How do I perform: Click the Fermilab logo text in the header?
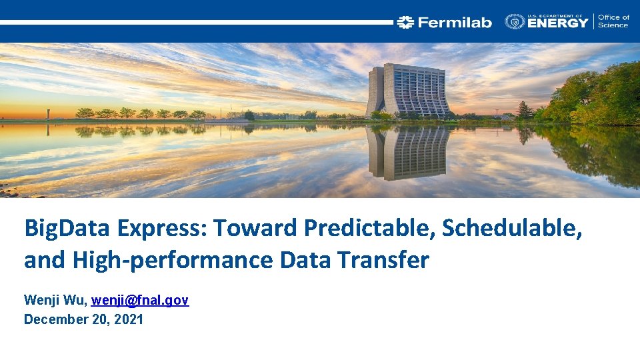tap(455, 23)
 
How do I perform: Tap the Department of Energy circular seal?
tap(515, 22)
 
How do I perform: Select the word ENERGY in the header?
tap(558, 23)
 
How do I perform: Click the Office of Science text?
tap(613, 21)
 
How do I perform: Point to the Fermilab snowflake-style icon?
tap(405, 23)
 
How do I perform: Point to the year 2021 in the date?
tap(129, 319)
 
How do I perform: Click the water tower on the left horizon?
tap(47, 113)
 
